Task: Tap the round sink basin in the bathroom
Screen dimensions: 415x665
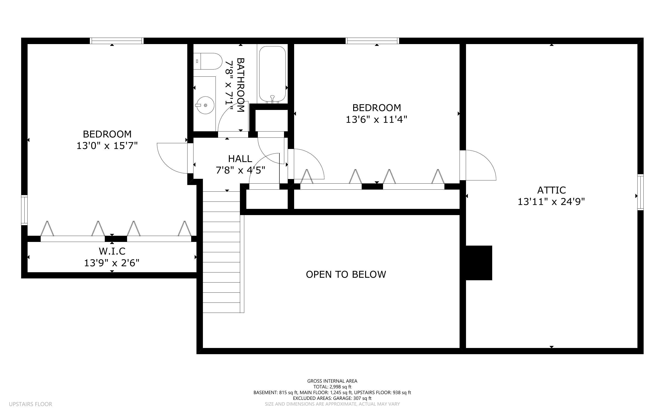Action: [205, 105]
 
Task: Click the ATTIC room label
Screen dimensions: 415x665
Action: [551, 190]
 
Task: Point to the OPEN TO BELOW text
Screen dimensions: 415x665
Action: [346, 274]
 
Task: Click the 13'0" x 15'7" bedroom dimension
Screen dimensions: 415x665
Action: [107, 146]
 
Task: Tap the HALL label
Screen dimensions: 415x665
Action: [240, 159]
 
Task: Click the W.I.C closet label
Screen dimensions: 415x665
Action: [112, 251]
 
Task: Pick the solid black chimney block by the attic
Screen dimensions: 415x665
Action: [479, 263]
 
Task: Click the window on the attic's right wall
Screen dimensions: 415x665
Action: [640, 192]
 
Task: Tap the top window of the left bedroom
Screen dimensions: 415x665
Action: [117, 41]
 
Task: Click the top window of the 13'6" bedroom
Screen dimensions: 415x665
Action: [372, 41]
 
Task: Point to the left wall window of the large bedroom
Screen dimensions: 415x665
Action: [24, 210]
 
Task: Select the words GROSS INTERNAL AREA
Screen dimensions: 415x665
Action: [332, 381]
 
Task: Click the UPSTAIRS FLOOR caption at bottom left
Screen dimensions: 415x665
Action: [31, 404]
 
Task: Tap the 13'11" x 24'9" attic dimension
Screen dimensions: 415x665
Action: [551, 202]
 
